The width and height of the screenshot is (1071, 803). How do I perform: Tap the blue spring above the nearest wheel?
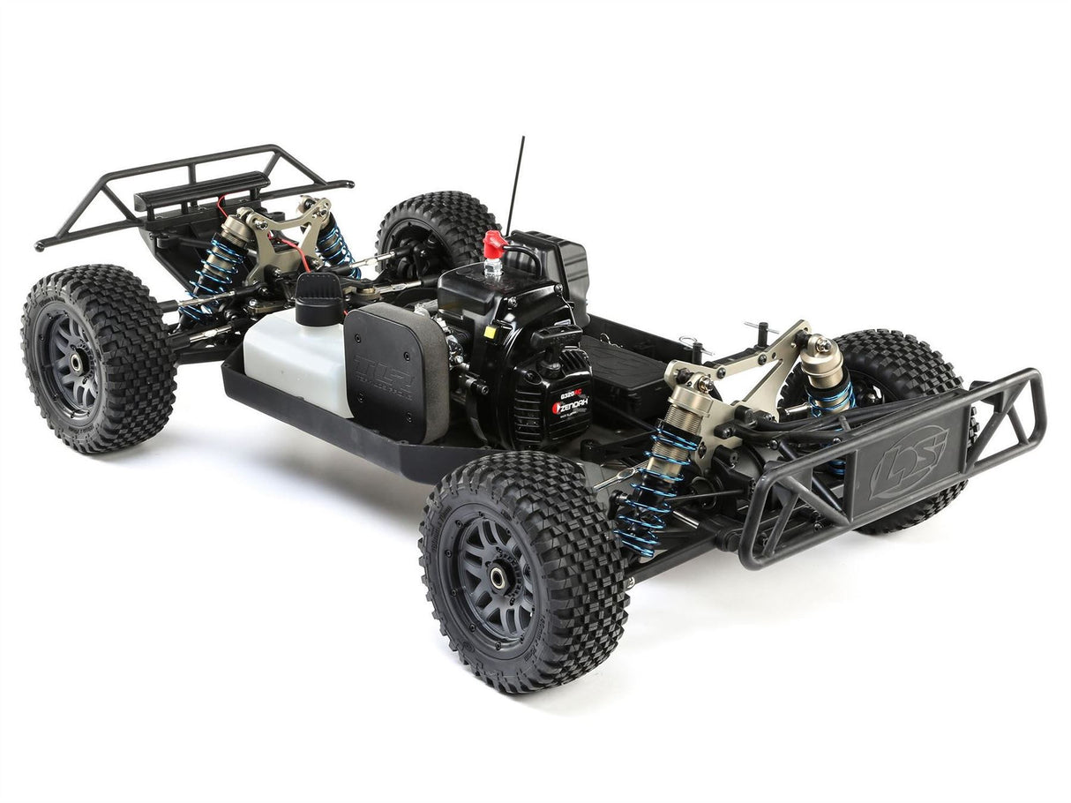[648, 490]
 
